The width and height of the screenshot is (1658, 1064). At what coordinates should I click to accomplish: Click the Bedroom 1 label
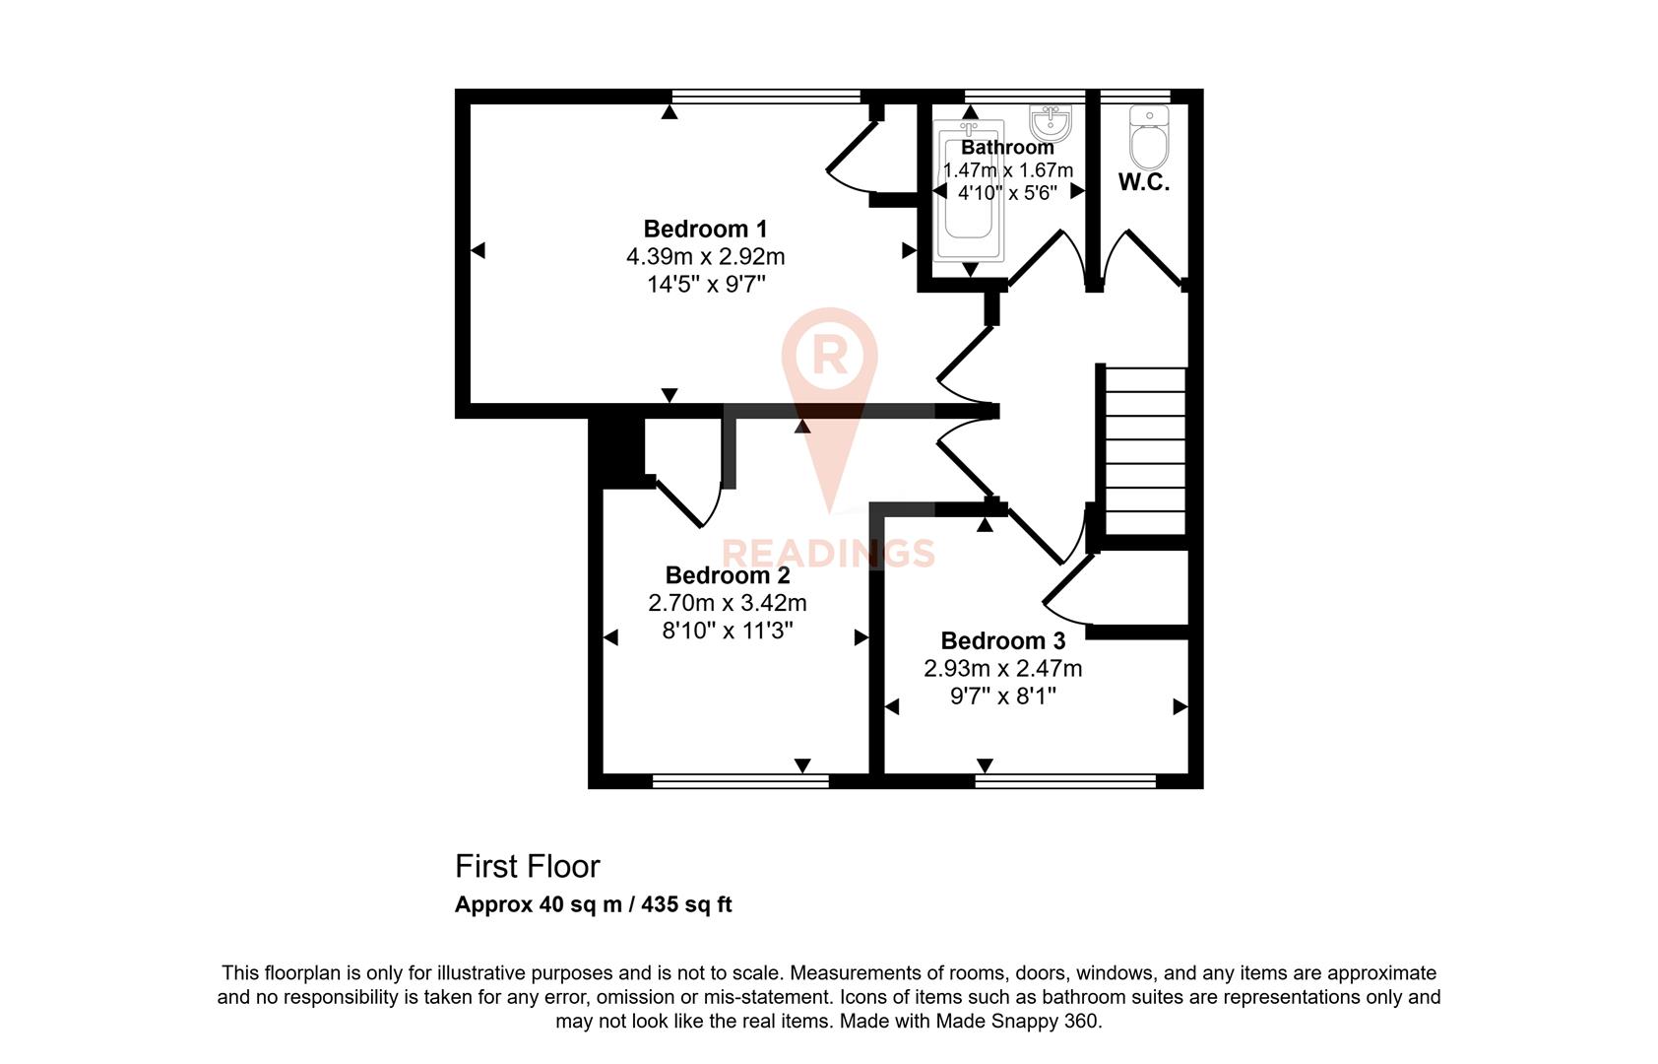pyautogui.click(x=705, y=229)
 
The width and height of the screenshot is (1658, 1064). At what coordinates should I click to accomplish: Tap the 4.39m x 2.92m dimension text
pyautogui.click(x=705, y=257)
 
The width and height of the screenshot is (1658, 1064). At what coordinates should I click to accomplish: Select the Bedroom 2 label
pyautogui.click(x=728, y=575)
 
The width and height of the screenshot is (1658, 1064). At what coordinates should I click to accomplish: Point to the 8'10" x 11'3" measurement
pyautogui.click(x=728, y=631)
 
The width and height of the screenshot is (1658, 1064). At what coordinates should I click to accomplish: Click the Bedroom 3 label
pyautogui.click(x=1002, y=641)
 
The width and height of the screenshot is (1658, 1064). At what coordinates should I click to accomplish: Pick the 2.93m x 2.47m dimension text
pyautogui.click(x=1002, y=669)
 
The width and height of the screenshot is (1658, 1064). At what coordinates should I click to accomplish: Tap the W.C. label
pyautogui.click(x=1144, y=182)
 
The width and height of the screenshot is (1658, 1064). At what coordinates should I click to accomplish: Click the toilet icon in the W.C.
pyautogui.click(x=1149, y=138)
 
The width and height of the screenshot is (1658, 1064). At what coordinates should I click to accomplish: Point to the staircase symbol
pyautogui.click(x=1145, y=451)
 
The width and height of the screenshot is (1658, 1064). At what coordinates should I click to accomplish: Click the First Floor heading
pyautogui.click(x=527, y=867)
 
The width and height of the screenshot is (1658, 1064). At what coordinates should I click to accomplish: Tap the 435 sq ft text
pyautogui.click(x=686, y=904)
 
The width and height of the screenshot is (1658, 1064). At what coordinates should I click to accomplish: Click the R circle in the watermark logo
pyautogui.click(x=829, y=355)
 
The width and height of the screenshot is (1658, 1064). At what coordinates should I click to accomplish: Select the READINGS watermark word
pyautogui.click(x=829, y=553)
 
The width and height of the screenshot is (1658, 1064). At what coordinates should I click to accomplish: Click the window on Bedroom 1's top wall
pyautogui.click(x=766, y=96)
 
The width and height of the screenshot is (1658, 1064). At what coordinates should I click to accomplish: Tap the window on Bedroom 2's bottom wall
pyautogui.click(x=740, y=781)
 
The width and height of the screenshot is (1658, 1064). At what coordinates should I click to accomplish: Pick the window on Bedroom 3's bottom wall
pyautogui.click(x=1065, y=781)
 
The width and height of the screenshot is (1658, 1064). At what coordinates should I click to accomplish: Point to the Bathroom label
pyautogui.click(x=1007, y=148)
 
